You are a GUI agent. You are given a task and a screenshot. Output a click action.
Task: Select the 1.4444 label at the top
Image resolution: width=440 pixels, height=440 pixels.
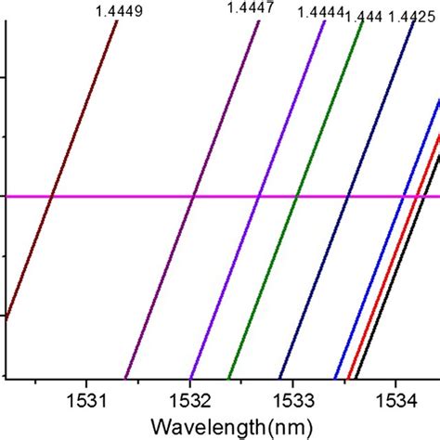click(317, 13)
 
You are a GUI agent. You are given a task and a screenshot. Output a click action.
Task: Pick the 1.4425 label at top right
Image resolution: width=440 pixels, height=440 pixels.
click(409, 17)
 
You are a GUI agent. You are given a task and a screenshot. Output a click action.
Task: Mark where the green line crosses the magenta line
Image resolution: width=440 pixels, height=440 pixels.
click(296, 196)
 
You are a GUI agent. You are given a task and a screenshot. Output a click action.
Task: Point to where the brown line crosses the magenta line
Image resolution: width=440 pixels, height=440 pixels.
click(52, 196)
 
